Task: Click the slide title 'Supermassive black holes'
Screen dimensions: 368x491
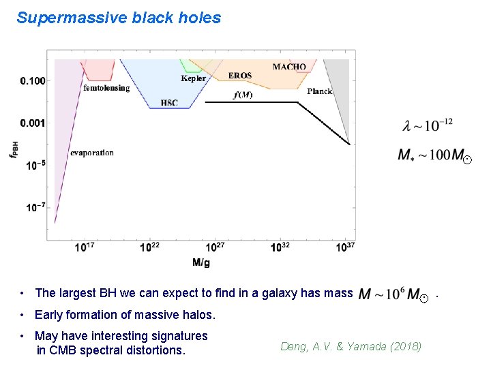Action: click(119, 18)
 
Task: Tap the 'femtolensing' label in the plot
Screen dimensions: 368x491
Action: click(106, 88)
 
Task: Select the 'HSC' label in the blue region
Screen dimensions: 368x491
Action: click(168, 103)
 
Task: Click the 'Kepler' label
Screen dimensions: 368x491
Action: click(193, 78)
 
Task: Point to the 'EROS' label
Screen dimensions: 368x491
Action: click(239, 76)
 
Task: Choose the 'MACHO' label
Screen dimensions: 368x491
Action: click(289, 67)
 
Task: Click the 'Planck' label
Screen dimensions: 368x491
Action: click(319, 91)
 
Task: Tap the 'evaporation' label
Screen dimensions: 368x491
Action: click(92, 153)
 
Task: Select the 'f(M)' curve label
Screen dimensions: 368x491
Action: click(243, 95)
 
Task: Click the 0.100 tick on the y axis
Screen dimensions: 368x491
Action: click(32, 81)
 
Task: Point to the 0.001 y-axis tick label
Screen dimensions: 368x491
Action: click(32, 123)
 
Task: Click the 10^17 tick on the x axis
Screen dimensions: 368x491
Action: click(85, 247)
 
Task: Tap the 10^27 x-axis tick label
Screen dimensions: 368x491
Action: click(215, 247)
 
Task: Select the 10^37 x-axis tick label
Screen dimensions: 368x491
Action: click(346, 247)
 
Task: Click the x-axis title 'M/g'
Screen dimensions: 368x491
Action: click(201, 262)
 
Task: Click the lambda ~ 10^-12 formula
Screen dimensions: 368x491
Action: click(428, 125)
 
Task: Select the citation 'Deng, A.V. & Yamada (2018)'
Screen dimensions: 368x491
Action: click(351, 347)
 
